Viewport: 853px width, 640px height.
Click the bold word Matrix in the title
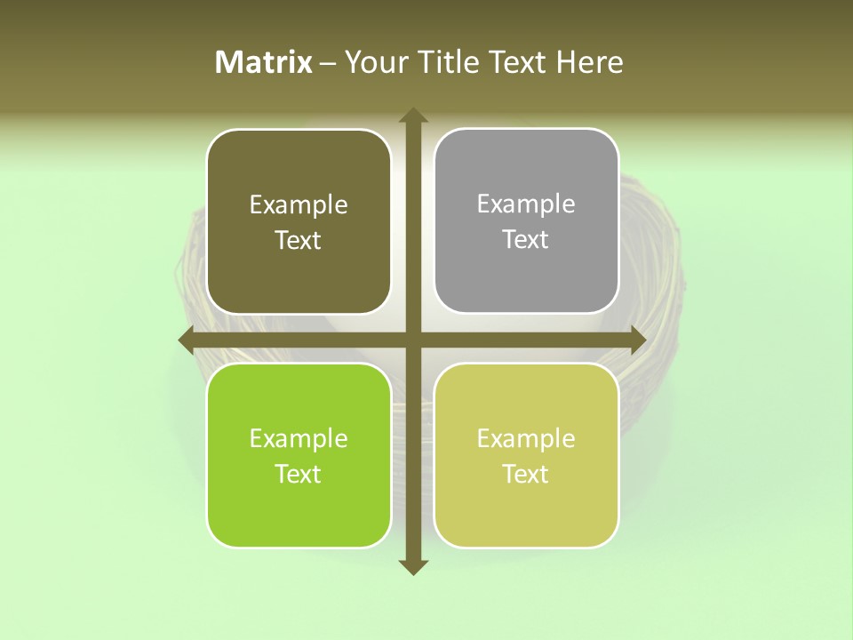(264, 62)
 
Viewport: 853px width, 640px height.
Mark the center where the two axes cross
(412, 340)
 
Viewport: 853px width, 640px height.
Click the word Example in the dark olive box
(299, 205)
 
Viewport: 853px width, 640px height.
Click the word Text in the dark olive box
(299, 240)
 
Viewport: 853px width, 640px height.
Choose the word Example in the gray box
(526, 204)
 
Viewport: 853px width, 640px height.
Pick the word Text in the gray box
(526, 239)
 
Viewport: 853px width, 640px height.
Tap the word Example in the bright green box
(299, 439)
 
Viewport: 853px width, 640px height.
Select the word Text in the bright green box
(299, 474)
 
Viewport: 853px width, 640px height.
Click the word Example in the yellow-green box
(526, 439)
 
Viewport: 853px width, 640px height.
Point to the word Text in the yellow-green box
(526, 474)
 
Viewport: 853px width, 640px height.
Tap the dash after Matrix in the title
(328, 63)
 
